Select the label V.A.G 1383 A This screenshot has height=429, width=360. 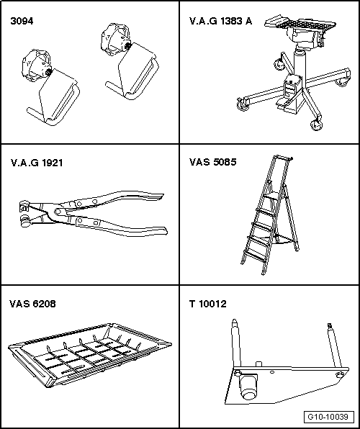220,21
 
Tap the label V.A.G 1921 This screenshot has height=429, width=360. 37,163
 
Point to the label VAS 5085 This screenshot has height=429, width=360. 212,163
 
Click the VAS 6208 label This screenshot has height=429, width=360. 33,304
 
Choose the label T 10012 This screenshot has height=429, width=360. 207,304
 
